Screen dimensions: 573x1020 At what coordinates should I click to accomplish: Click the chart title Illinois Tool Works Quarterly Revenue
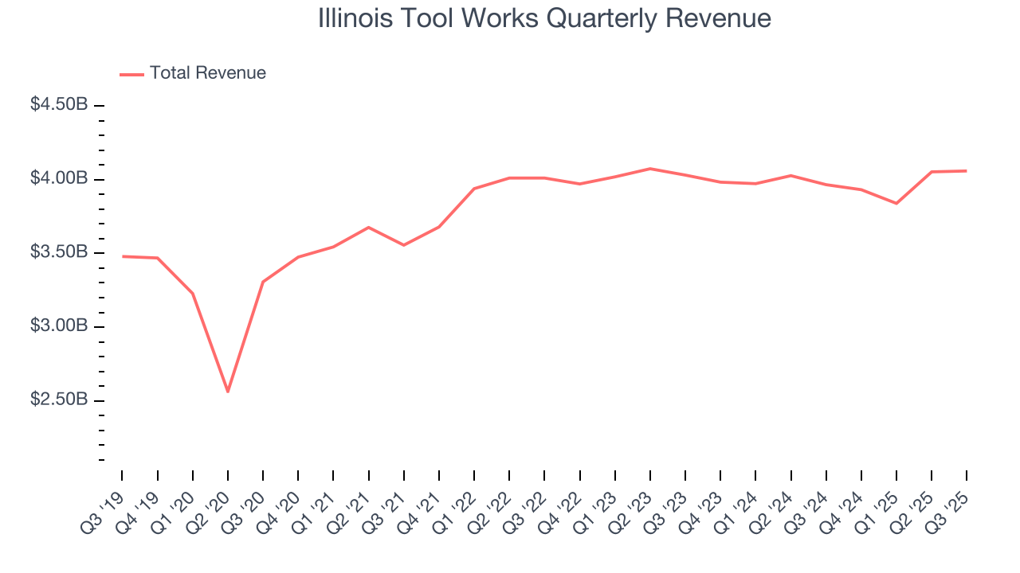(x=544, y=18)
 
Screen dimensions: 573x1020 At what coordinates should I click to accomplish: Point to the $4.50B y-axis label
(x=59, y=105)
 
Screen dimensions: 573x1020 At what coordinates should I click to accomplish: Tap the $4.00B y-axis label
(x=59, y=179)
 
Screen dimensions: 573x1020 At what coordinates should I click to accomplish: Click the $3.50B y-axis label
(x=59, y=253)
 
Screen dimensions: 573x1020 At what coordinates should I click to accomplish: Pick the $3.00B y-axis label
(x=59, y=327)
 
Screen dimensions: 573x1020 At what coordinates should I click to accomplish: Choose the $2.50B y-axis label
(x=59, y=400)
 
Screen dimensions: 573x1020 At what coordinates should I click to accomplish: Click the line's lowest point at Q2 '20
(x=228, y=392)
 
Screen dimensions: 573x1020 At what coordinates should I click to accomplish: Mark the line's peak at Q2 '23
(x=650, y=169)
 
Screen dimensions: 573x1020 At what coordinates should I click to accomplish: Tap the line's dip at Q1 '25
(x=896, y=203)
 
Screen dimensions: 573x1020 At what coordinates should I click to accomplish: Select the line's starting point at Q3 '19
(x=123, y=256)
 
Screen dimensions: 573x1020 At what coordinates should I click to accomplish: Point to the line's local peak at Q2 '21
(x=368, y=228)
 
